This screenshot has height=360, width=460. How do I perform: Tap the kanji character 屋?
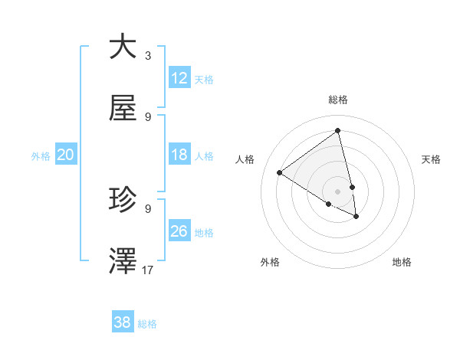123,110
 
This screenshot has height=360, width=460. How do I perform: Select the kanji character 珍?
123,200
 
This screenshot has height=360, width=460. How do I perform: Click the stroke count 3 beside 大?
147,56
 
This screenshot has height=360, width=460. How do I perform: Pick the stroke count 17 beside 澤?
148,270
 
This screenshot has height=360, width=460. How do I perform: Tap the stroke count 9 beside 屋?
147,116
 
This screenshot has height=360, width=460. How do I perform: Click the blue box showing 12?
179,78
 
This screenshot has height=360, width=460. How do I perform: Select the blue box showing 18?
179,155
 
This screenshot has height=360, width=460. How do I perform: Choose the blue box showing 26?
179,232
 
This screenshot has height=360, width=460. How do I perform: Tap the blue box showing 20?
66,155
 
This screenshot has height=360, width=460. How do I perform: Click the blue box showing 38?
123,322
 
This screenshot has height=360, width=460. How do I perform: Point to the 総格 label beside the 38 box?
147,324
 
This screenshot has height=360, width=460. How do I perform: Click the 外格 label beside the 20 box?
41,156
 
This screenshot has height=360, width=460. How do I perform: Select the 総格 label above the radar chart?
338,100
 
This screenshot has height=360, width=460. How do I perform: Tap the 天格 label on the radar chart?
431,159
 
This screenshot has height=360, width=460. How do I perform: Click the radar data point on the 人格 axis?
280,173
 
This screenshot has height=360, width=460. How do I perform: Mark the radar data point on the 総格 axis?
338,130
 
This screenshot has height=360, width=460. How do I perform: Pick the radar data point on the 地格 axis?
356,217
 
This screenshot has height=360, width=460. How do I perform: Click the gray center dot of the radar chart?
338,191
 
